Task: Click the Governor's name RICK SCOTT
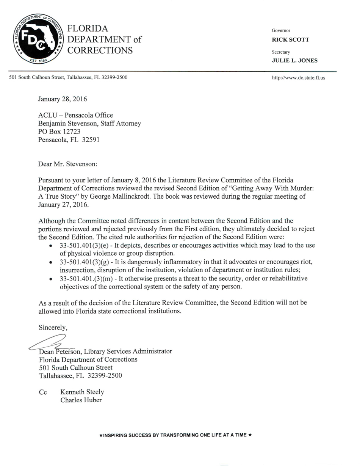pos(290,39)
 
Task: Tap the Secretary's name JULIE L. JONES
pos(294,60)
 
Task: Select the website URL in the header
pos(298,78)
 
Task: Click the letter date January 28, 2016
pos(62,99)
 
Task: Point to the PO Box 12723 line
pos(59,131)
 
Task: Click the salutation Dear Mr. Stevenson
pos(67,164)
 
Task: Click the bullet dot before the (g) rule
pos(51,262)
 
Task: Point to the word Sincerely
pos(53,328)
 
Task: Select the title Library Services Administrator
pos(128,351)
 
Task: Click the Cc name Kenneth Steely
pos(82,392)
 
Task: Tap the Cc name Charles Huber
pos(81,400)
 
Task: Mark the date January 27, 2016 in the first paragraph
pos(63,205)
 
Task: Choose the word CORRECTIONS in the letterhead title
pos(100,50)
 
